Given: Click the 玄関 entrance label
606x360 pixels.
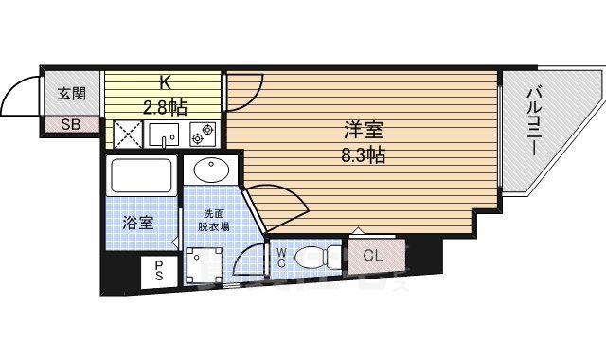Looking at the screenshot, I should [70, 93].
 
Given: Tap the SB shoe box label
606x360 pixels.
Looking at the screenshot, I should [70, 124].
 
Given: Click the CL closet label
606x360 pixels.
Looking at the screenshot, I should [372, 254].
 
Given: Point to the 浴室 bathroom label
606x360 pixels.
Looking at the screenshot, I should [138, 224].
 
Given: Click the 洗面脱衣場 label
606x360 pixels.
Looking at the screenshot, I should [212, 221].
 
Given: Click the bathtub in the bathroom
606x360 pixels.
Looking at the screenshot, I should [141, 176].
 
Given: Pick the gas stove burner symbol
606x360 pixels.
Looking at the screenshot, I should [202, 134].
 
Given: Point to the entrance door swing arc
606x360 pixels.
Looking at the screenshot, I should [21, 93].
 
